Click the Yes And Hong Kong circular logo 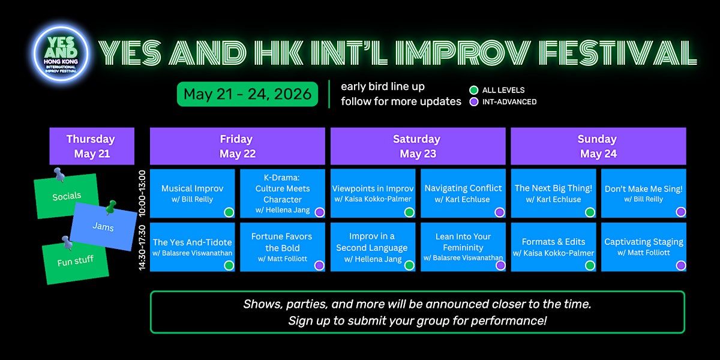pos(61,53)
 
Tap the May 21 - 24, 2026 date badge pos(247,94)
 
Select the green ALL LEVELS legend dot pos(473,90)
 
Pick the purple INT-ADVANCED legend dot pos(473,102)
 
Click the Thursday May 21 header pos(92,146)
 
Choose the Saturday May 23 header pos(418,146)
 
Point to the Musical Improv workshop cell pos(192,193)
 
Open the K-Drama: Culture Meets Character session pos(283,193)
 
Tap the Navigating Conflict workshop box pos(463,193)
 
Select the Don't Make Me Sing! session pos(644,193)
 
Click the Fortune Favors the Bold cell pos(283,247)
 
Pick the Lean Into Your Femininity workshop pos(463,247)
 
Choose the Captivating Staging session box pos(644,247)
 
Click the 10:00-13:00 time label pos(142,193)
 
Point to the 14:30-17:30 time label pos(142,247)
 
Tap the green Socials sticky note pos(67,196)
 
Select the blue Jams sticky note pos(103,227)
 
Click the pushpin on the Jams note pos(111,207)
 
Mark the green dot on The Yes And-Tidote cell pos(229,265)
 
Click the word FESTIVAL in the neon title pos(617,52)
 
